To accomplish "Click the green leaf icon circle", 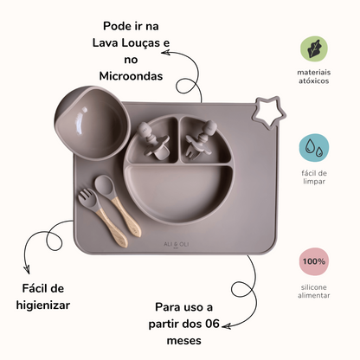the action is pyautogui.click(x=314, y=48).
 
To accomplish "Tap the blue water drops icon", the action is pyautogui.click(x=314, y=148).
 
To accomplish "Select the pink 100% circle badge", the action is pyautogui.click(x=314, y=261).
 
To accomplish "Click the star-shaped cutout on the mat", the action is pyautogui.click(x=269, y=112).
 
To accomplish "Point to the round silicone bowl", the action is pyautogui.click(x=92, y=123).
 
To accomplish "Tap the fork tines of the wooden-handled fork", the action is pyautogui.click(x=86, y=196).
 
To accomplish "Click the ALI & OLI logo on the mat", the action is pyautogui.click(x=176, y=245).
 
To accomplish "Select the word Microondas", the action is pyautogui.click(x=131, y=76).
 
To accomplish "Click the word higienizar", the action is pyautogui.click(x=43, y=305).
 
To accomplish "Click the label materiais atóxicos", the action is pyautogui.click(x=314, y=76).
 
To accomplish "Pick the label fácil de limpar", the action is pyautogui.click(x=314, y=177).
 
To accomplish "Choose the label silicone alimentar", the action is pyautogui.click(x=314, y=292).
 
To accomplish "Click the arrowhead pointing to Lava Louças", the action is pyautogui.click(x=165, y=53).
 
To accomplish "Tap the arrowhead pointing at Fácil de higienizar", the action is pyautogui.click(x=27, y=270).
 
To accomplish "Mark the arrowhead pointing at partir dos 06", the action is pyautogui.click(x=226, y=326).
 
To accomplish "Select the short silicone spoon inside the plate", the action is pyautogui.click(x=152, y=141).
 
